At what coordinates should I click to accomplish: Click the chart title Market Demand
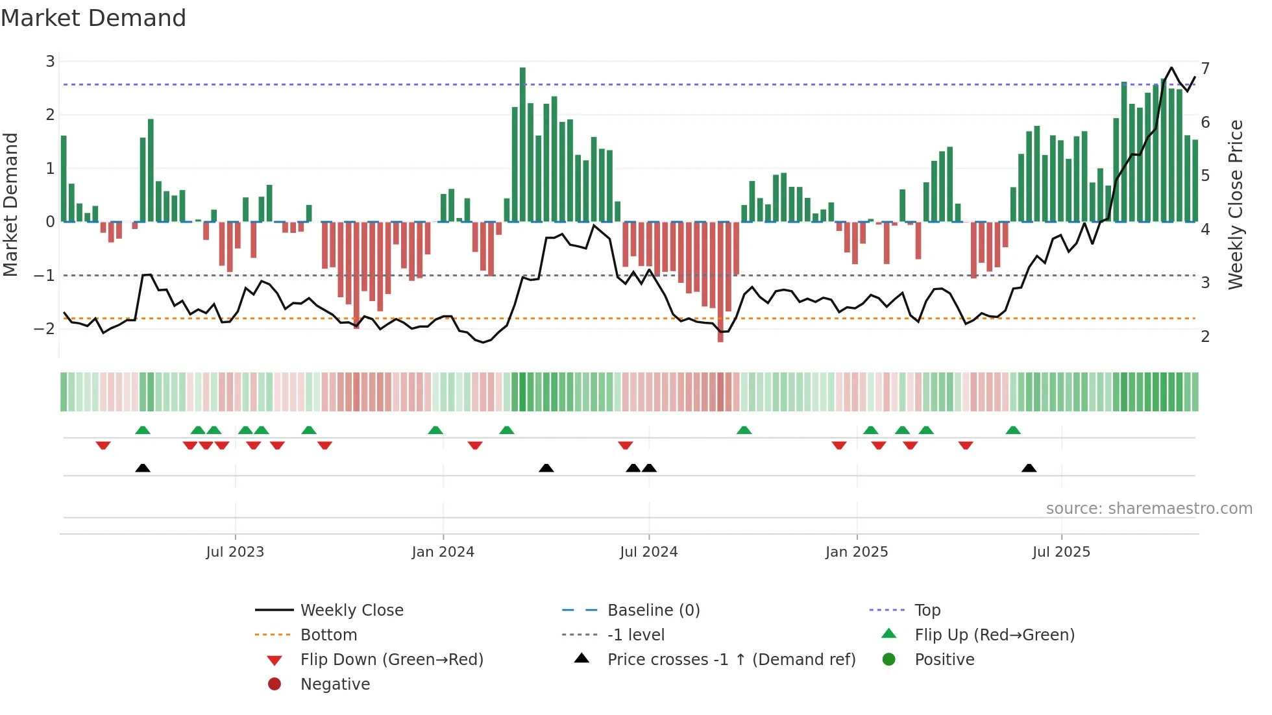pos(93,18)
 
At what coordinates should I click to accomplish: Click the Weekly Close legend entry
pos(351,611)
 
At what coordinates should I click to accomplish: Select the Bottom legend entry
pos(328,635)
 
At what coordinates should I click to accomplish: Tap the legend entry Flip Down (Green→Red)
pos(391,660)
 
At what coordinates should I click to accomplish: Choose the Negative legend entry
pos(335,685)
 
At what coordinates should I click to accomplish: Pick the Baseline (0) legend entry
pos(653,611)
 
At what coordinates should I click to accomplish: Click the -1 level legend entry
pos(635,635)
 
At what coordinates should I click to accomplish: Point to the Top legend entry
pos(927,611)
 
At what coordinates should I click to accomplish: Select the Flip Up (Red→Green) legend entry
pos(994,635)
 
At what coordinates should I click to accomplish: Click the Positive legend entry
pos(944,660)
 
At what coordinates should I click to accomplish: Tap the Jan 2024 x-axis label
pos(443,552)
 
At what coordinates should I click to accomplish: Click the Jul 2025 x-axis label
pos(1061,552)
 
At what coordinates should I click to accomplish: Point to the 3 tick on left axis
pos(50,62)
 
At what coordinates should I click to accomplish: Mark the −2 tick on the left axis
pos(45,329)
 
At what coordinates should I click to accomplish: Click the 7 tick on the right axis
pos(1205,69)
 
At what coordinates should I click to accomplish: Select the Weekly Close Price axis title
pos(1236,204)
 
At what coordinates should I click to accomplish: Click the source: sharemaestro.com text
pos(1149,509)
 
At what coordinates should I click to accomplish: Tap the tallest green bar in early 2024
pos(522,143)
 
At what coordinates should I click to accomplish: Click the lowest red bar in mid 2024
pos(720,282)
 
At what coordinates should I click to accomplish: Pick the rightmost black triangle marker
pos(1029,468)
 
